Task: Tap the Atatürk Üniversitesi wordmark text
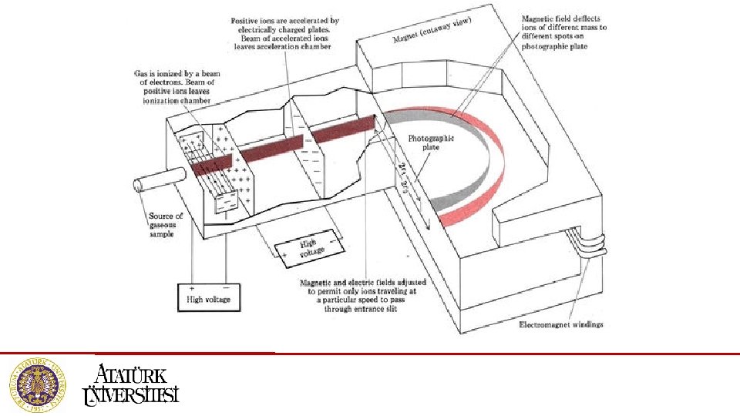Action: point(130,384)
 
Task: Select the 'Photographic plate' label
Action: point(432,144)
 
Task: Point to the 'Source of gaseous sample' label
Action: point(166,225)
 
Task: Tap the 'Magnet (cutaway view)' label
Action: point(432,29)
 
